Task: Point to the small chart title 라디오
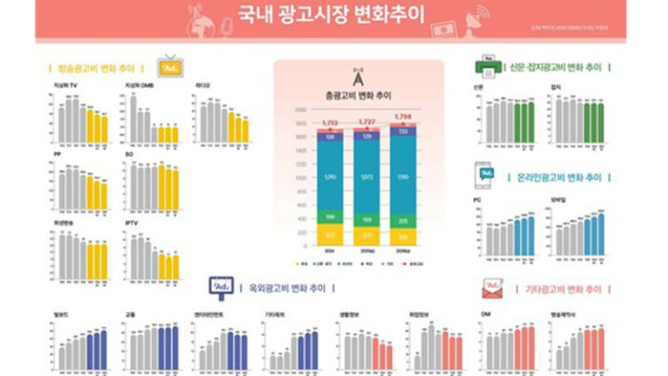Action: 205,86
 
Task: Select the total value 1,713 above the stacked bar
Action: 330,123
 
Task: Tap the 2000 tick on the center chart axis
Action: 301,109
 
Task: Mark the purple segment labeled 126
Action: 330,138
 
